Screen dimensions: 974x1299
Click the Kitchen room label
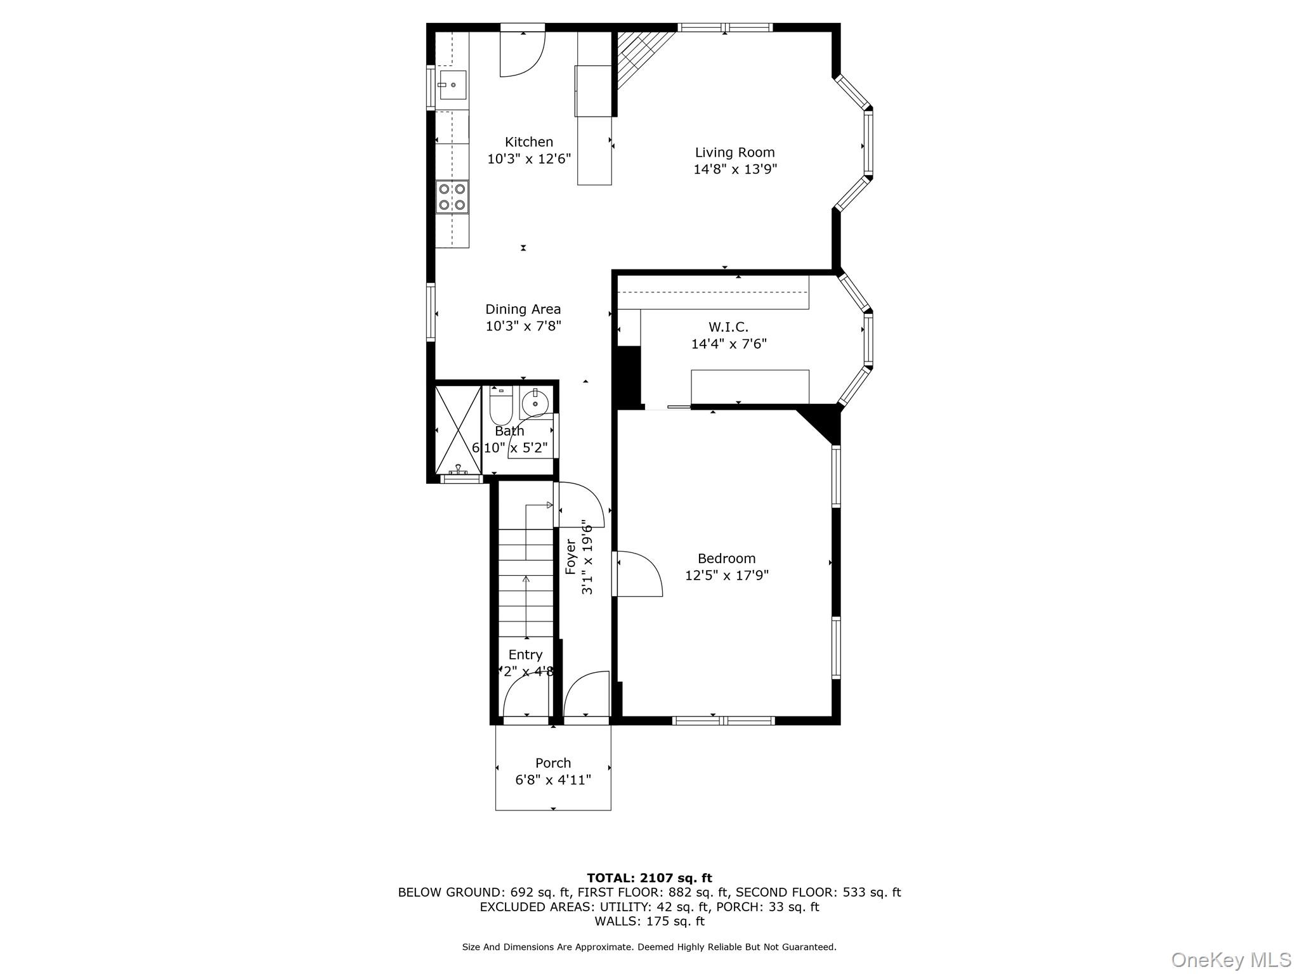tap(528, 142)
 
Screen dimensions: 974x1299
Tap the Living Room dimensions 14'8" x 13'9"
tap(734, 169)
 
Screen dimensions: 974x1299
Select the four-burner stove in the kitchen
tap(452, 197)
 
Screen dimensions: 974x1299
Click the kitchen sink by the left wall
tap(452, 85)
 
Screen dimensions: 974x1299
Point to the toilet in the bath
tap(500, 406)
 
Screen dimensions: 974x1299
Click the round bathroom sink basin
tap(536, 403)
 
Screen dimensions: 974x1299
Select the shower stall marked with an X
tap(458, 429)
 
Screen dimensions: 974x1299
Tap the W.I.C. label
tap(728, 327)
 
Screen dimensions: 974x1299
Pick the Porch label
tap(553, 763)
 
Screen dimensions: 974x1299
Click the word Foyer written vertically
tap(571, 557)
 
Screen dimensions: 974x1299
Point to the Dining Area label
tap(523, 309)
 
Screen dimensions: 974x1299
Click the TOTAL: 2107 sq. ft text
tap(649, 878)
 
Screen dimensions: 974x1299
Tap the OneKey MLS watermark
tap(1230, 959)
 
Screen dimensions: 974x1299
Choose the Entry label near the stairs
tap(525, 654)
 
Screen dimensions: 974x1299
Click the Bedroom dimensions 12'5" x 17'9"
tap(727, 575)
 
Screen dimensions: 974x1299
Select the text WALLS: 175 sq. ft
tap(649, 921)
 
